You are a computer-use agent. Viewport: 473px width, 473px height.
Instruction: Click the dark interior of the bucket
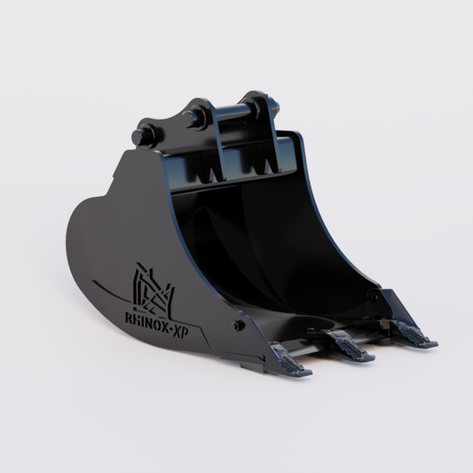pyautogui.click(x=266, y=248)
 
